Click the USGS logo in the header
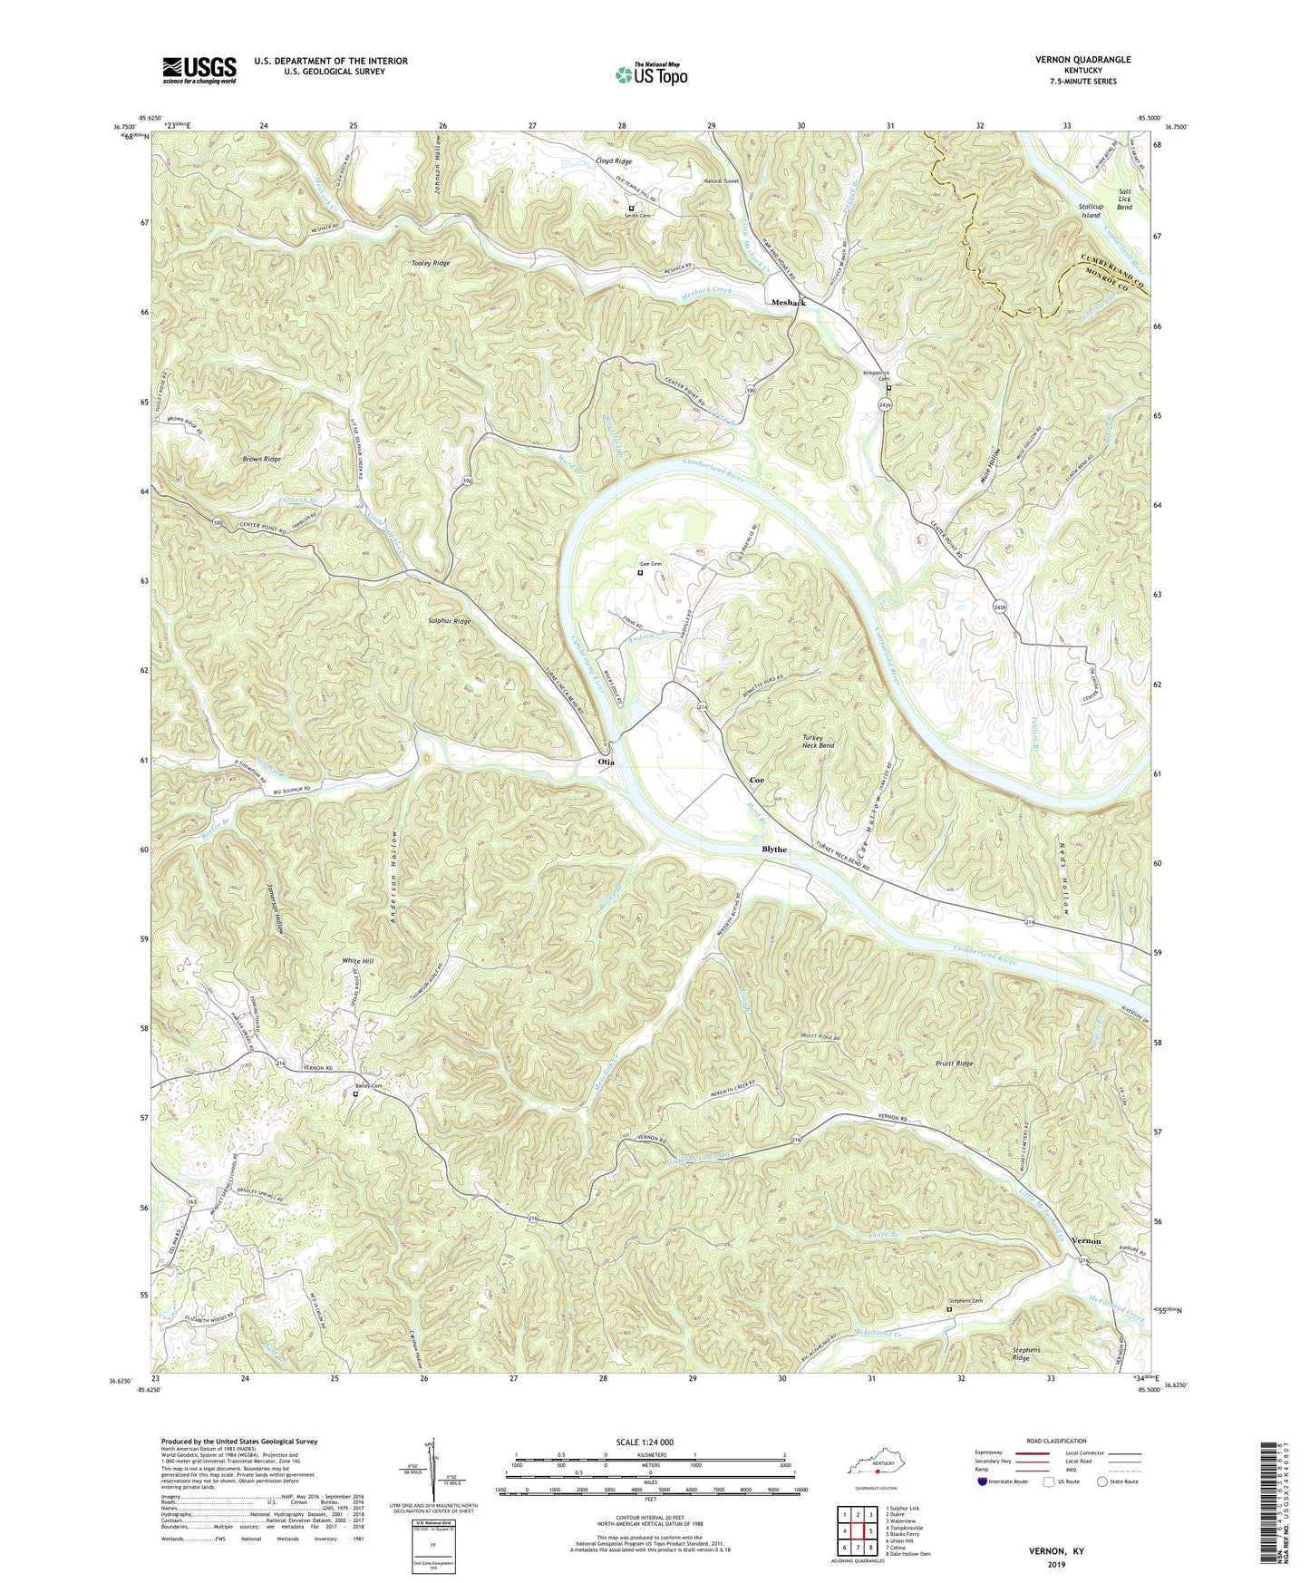pyautogui.click(x=199, y=70)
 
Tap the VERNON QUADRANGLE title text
pyautogui.click(x=1083, y=60)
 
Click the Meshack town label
pyautogui.click(x=787, y=302)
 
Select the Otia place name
pyautogui.click(x=606, y=762)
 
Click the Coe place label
pyautogui.click(x=756, y=781)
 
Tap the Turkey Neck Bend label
pyautogui.click(x=818, y=741)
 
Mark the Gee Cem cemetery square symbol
pyautogui.click(x=640, y=572)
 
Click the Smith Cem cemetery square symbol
pyautogui.click(x=631, y=208)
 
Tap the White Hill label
pyautogui.click(x=357, y=961)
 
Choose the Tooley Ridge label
pyautogui.click(x=430, y=263)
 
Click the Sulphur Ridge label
pyautogui.click(x=450, y=621)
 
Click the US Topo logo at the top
pyautogui.click(x=649, y=74)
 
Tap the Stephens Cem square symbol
pyautogui.click(x=949, y=1309)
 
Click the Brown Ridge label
pyautogui.click(x=261, y=459)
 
